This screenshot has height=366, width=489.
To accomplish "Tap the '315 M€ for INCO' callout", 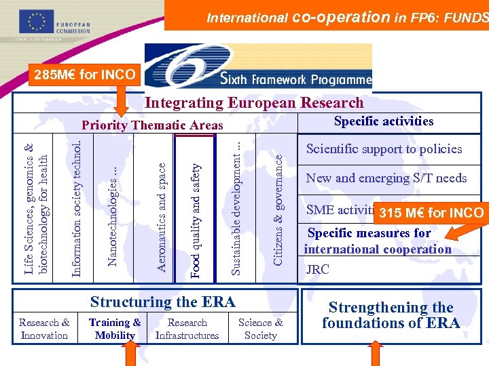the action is (431, 213).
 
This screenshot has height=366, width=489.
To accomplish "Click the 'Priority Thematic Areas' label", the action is (152, 125).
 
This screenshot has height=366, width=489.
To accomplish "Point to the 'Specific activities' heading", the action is (383, 121).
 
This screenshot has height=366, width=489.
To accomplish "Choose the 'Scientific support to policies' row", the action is (384, 149).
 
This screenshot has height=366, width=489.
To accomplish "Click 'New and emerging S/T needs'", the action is (386, 178).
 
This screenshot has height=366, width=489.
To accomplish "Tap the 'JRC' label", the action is (317, 269).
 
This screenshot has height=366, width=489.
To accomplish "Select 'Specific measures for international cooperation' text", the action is (378, 241).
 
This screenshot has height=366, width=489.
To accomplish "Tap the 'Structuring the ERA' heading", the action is (162, 302).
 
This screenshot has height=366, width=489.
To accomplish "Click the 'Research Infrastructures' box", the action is (187, 329).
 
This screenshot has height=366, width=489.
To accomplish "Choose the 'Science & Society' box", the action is (261, 329).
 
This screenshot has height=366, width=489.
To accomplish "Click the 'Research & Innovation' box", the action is (44, 329).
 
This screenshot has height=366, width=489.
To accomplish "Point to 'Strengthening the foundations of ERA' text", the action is (391, 315).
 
